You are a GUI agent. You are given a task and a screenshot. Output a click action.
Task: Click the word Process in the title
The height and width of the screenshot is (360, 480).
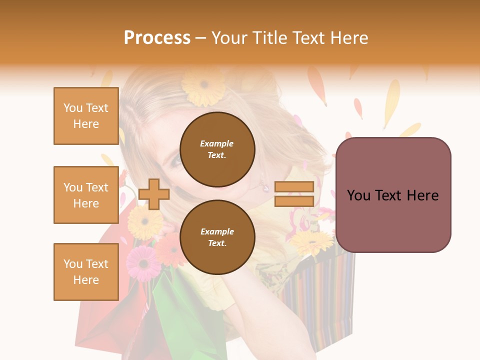(x=157, y=38)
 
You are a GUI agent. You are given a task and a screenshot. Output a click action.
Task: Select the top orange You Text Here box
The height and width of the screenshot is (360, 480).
(x=86, y=116)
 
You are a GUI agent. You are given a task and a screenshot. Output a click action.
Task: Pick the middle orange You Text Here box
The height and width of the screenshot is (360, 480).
(x=86, y=195)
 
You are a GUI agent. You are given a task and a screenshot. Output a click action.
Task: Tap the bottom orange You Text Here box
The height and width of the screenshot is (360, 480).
(x=86, y=272)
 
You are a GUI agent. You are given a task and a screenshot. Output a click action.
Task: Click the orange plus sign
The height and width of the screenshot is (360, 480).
(x=153, y=194)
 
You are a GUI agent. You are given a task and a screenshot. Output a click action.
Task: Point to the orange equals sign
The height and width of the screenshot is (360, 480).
(x=294, y=194)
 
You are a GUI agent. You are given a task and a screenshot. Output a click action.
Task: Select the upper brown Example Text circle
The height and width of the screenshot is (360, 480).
(x=217, y=149)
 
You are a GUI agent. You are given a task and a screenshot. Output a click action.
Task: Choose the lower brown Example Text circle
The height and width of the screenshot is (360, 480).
(x=217, y=237)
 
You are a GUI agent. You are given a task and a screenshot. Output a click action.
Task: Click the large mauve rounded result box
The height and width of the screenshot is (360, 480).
(x=393, y=195)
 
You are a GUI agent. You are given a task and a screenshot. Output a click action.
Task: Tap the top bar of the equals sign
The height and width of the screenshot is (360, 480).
(x=294, y=187)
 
